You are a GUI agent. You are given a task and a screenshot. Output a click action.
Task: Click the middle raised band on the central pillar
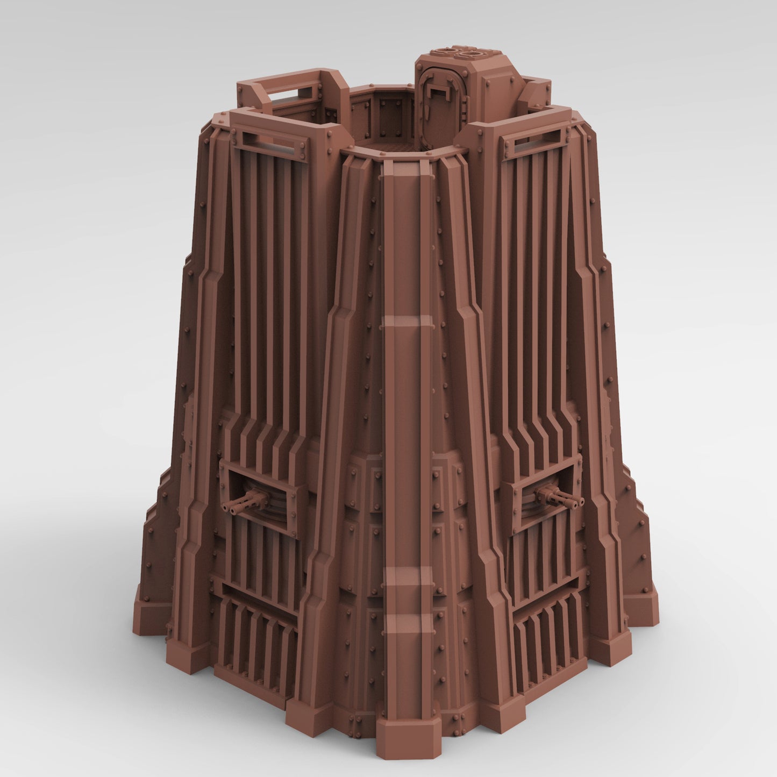[407, 322]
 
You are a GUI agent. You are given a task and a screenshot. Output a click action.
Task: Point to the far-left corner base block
[147, 613]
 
